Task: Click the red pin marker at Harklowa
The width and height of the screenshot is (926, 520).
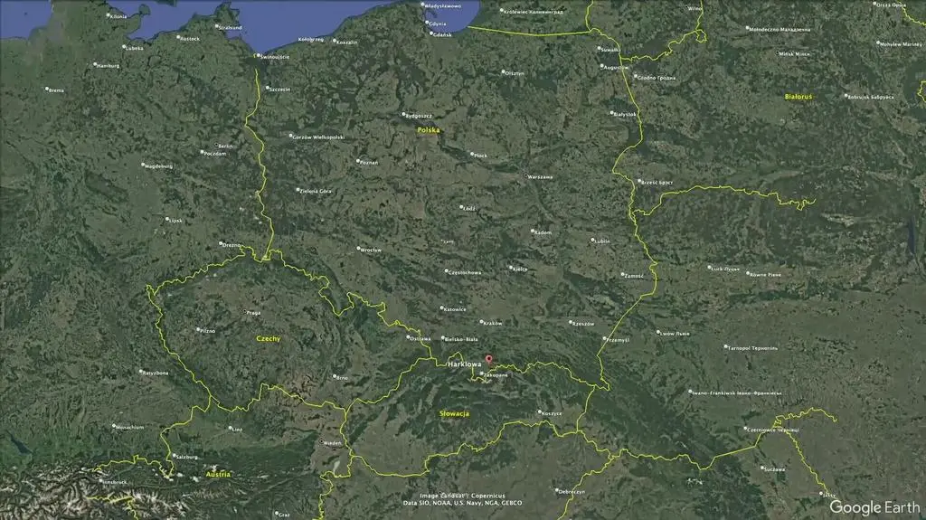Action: (489, 359)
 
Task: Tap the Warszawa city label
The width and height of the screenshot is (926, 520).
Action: (541, 177)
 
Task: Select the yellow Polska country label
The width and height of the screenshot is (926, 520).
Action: (429, 130)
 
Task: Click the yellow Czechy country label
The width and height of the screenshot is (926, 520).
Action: (269, 339)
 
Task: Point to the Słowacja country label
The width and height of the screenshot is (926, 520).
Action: (454, 413)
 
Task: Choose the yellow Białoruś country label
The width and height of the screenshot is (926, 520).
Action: (798, 96)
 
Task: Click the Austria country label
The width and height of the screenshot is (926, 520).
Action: (218, 474)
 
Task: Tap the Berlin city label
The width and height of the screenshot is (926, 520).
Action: (225, 146)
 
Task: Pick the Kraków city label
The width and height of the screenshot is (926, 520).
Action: (493, 323)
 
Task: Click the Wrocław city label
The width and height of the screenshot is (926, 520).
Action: (371, 250)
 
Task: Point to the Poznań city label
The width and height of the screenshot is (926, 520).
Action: (369, 163)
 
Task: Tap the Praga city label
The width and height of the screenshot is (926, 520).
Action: (253, 313)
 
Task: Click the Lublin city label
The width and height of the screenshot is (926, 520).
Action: (601, 241)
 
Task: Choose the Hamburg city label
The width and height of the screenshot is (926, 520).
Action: (109, 65)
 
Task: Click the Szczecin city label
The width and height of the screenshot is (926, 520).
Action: (279, 89)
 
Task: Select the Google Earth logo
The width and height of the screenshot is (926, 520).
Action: (874, 507)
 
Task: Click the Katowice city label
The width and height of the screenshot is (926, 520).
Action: (455, 309)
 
